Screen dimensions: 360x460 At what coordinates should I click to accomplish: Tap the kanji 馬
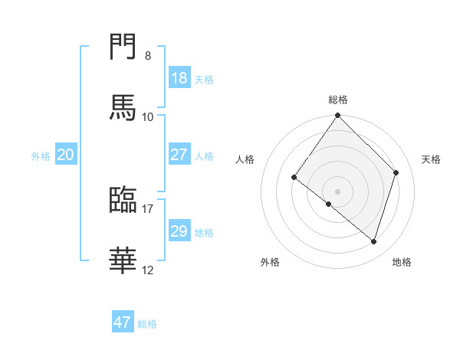click(123, 106)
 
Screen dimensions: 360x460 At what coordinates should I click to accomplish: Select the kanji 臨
click(123, 199)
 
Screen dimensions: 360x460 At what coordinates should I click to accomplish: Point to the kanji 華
click(123, 260)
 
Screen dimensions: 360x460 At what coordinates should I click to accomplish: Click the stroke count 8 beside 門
click(148, 56)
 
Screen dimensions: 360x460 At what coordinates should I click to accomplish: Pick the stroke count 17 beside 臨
click(148, 208)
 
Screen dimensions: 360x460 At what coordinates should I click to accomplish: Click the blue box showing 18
click(179, 78)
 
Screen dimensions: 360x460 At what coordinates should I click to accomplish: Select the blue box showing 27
click(179, 154)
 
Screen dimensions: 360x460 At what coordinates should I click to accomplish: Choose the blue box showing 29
click(179, 231)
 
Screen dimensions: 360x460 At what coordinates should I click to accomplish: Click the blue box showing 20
click(65, 155)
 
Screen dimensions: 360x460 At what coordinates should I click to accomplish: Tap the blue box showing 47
click(123, 322)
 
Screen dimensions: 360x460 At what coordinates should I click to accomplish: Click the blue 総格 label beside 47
click(147, 324)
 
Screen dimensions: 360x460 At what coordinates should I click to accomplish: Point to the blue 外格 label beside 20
click(41, 156)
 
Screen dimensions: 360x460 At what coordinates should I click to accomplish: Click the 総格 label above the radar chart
click(338, 100)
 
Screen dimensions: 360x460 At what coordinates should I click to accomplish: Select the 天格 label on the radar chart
click(431, 159)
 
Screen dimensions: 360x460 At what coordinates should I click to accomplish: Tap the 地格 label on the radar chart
click(402, 262)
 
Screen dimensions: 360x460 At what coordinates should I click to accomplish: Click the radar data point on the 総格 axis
click(338, 116)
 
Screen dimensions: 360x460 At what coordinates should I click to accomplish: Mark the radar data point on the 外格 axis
click(329, 204)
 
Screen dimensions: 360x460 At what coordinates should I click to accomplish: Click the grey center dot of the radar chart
click(338, 191)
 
